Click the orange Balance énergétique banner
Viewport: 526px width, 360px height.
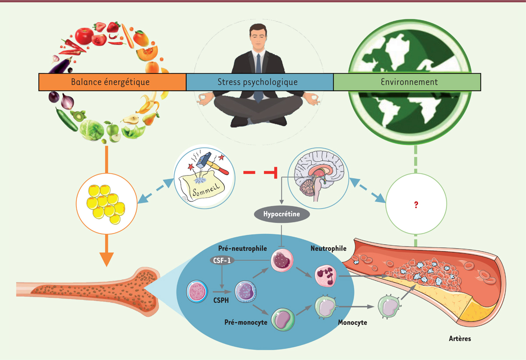112,82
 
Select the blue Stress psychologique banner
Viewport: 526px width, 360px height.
259,82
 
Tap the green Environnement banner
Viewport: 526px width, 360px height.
407,82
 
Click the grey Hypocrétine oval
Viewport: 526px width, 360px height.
281,214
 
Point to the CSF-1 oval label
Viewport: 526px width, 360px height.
222,260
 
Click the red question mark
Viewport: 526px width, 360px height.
416,205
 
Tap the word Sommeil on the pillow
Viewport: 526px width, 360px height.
206,189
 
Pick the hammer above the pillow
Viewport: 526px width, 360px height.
212,163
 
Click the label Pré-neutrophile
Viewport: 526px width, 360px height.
242,249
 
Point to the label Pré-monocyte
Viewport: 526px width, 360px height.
245,322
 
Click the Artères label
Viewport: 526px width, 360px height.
460,339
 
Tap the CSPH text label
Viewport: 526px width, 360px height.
221,300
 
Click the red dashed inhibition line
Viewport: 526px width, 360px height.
260,173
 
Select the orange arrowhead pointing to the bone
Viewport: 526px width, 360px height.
107,259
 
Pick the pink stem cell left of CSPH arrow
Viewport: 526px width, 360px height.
197,292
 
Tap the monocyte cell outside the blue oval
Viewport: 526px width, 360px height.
389,307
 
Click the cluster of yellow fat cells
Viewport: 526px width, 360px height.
106,204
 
